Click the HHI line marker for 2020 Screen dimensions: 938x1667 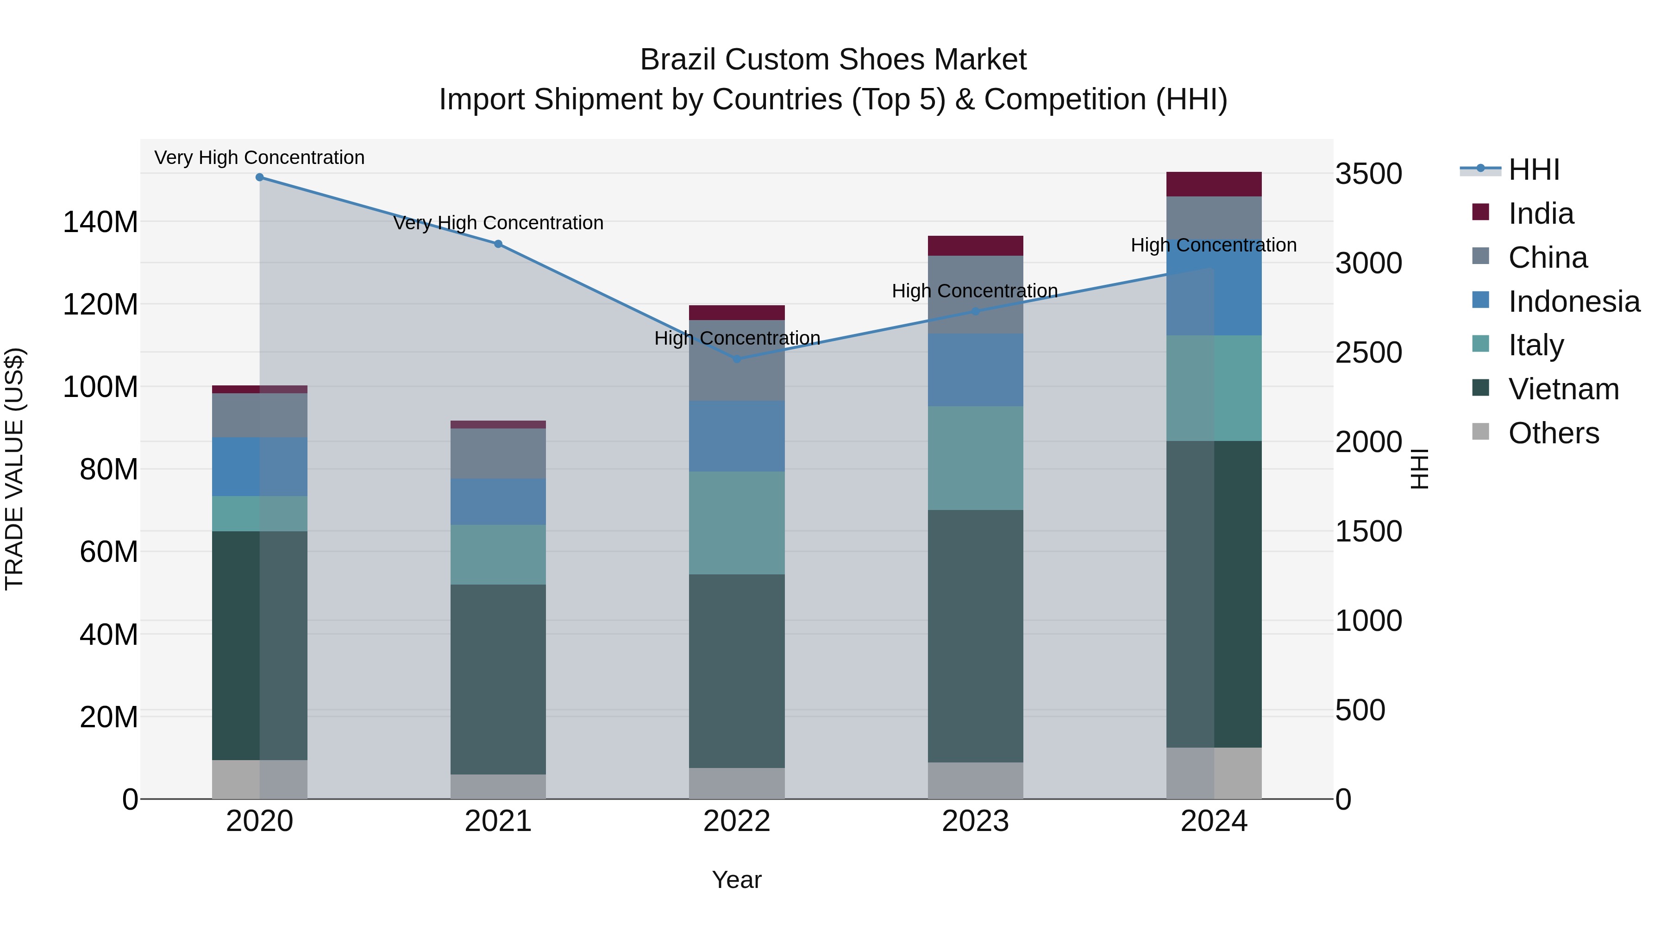[x=259, y=177]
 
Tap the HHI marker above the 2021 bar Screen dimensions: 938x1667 [x=498, y=244]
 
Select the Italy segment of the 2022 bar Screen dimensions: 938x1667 [x=736, y=523]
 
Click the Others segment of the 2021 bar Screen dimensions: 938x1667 [x=498, y=787]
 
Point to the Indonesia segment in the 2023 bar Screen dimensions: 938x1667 [x=975, y=370]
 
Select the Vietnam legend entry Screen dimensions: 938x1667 [x=1563, y=389]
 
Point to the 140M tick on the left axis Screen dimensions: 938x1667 [x=100, y=222]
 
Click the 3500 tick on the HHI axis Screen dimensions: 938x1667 [x=1368, y=174]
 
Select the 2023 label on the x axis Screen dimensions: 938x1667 [x=975, y=821]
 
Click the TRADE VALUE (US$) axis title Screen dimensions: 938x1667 [x=14, y=469]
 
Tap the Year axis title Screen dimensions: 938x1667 [x=736, y=880]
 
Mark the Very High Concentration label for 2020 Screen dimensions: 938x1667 [x=259, y=157]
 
